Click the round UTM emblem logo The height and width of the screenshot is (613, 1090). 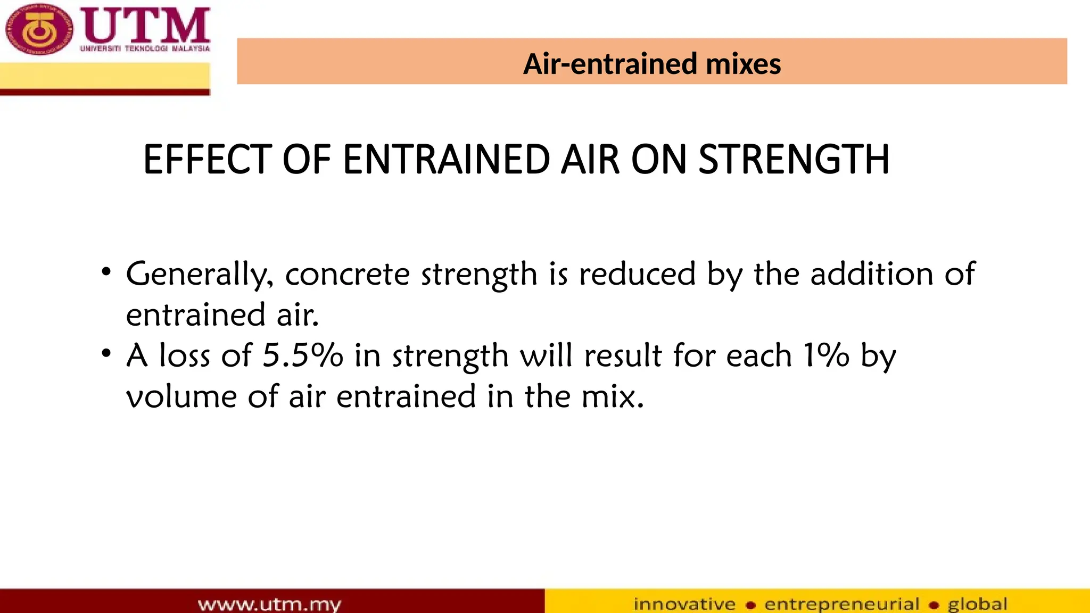38,30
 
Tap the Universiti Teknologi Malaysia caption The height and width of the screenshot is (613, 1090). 145,48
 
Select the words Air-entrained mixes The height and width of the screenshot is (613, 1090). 651,64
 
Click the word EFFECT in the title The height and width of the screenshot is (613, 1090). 208,160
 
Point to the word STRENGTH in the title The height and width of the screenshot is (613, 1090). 793,160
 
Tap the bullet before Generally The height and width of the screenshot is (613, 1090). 106,272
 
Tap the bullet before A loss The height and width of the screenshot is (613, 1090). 106,353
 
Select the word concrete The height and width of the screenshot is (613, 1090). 347,275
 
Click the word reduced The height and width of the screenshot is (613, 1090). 637,275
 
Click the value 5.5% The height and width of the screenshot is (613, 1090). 303,355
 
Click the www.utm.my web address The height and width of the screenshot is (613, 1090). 269,604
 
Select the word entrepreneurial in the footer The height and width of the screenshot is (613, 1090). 841,604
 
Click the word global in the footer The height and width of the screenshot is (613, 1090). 977,604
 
